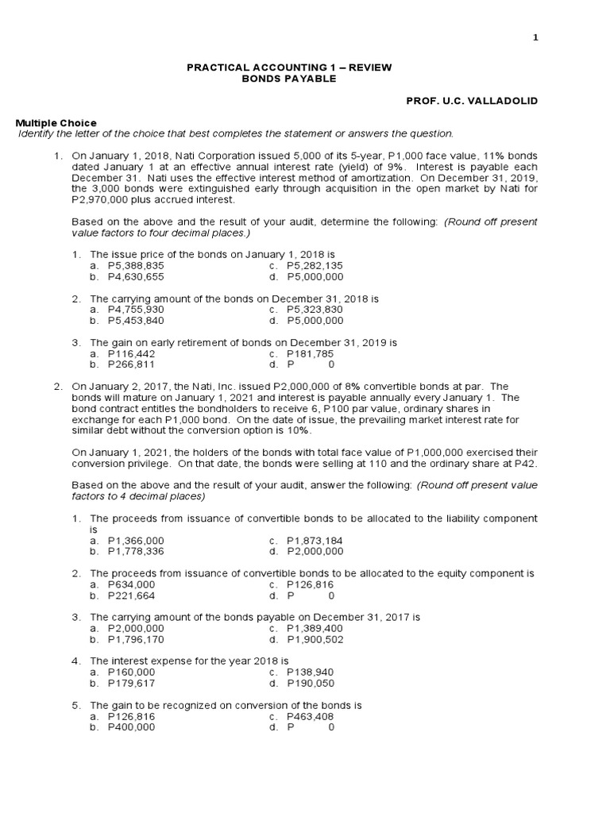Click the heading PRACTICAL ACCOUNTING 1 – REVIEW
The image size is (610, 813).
point(288,67)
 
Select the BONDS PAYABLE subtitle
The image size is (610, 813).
point(288,79)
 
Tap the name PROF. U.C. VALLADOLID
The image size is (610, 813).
point(472,102)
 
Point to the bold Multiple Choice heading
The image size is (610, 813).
point(57,123)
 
